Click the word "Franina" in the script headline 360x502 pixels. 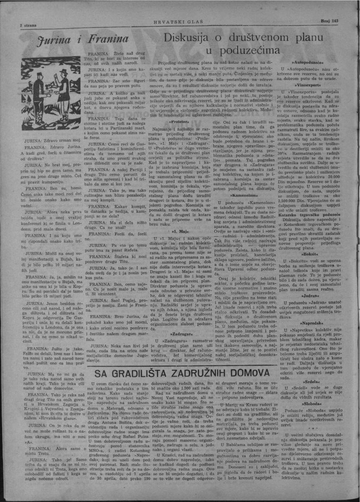107,39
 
